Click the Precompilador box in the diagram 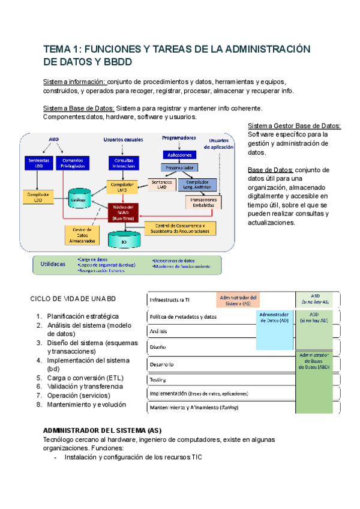tap(181, 167)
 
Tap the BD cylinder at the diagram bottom tap(124, 240)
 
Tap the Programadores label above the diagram tap(179, 138)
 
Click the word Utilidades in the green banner tap(54, 265)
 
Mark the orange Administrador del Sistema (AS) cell tap(238, 300)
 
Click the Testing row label tap(158, 379)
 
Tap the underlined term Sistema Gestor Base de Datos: tap(294, 125)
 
